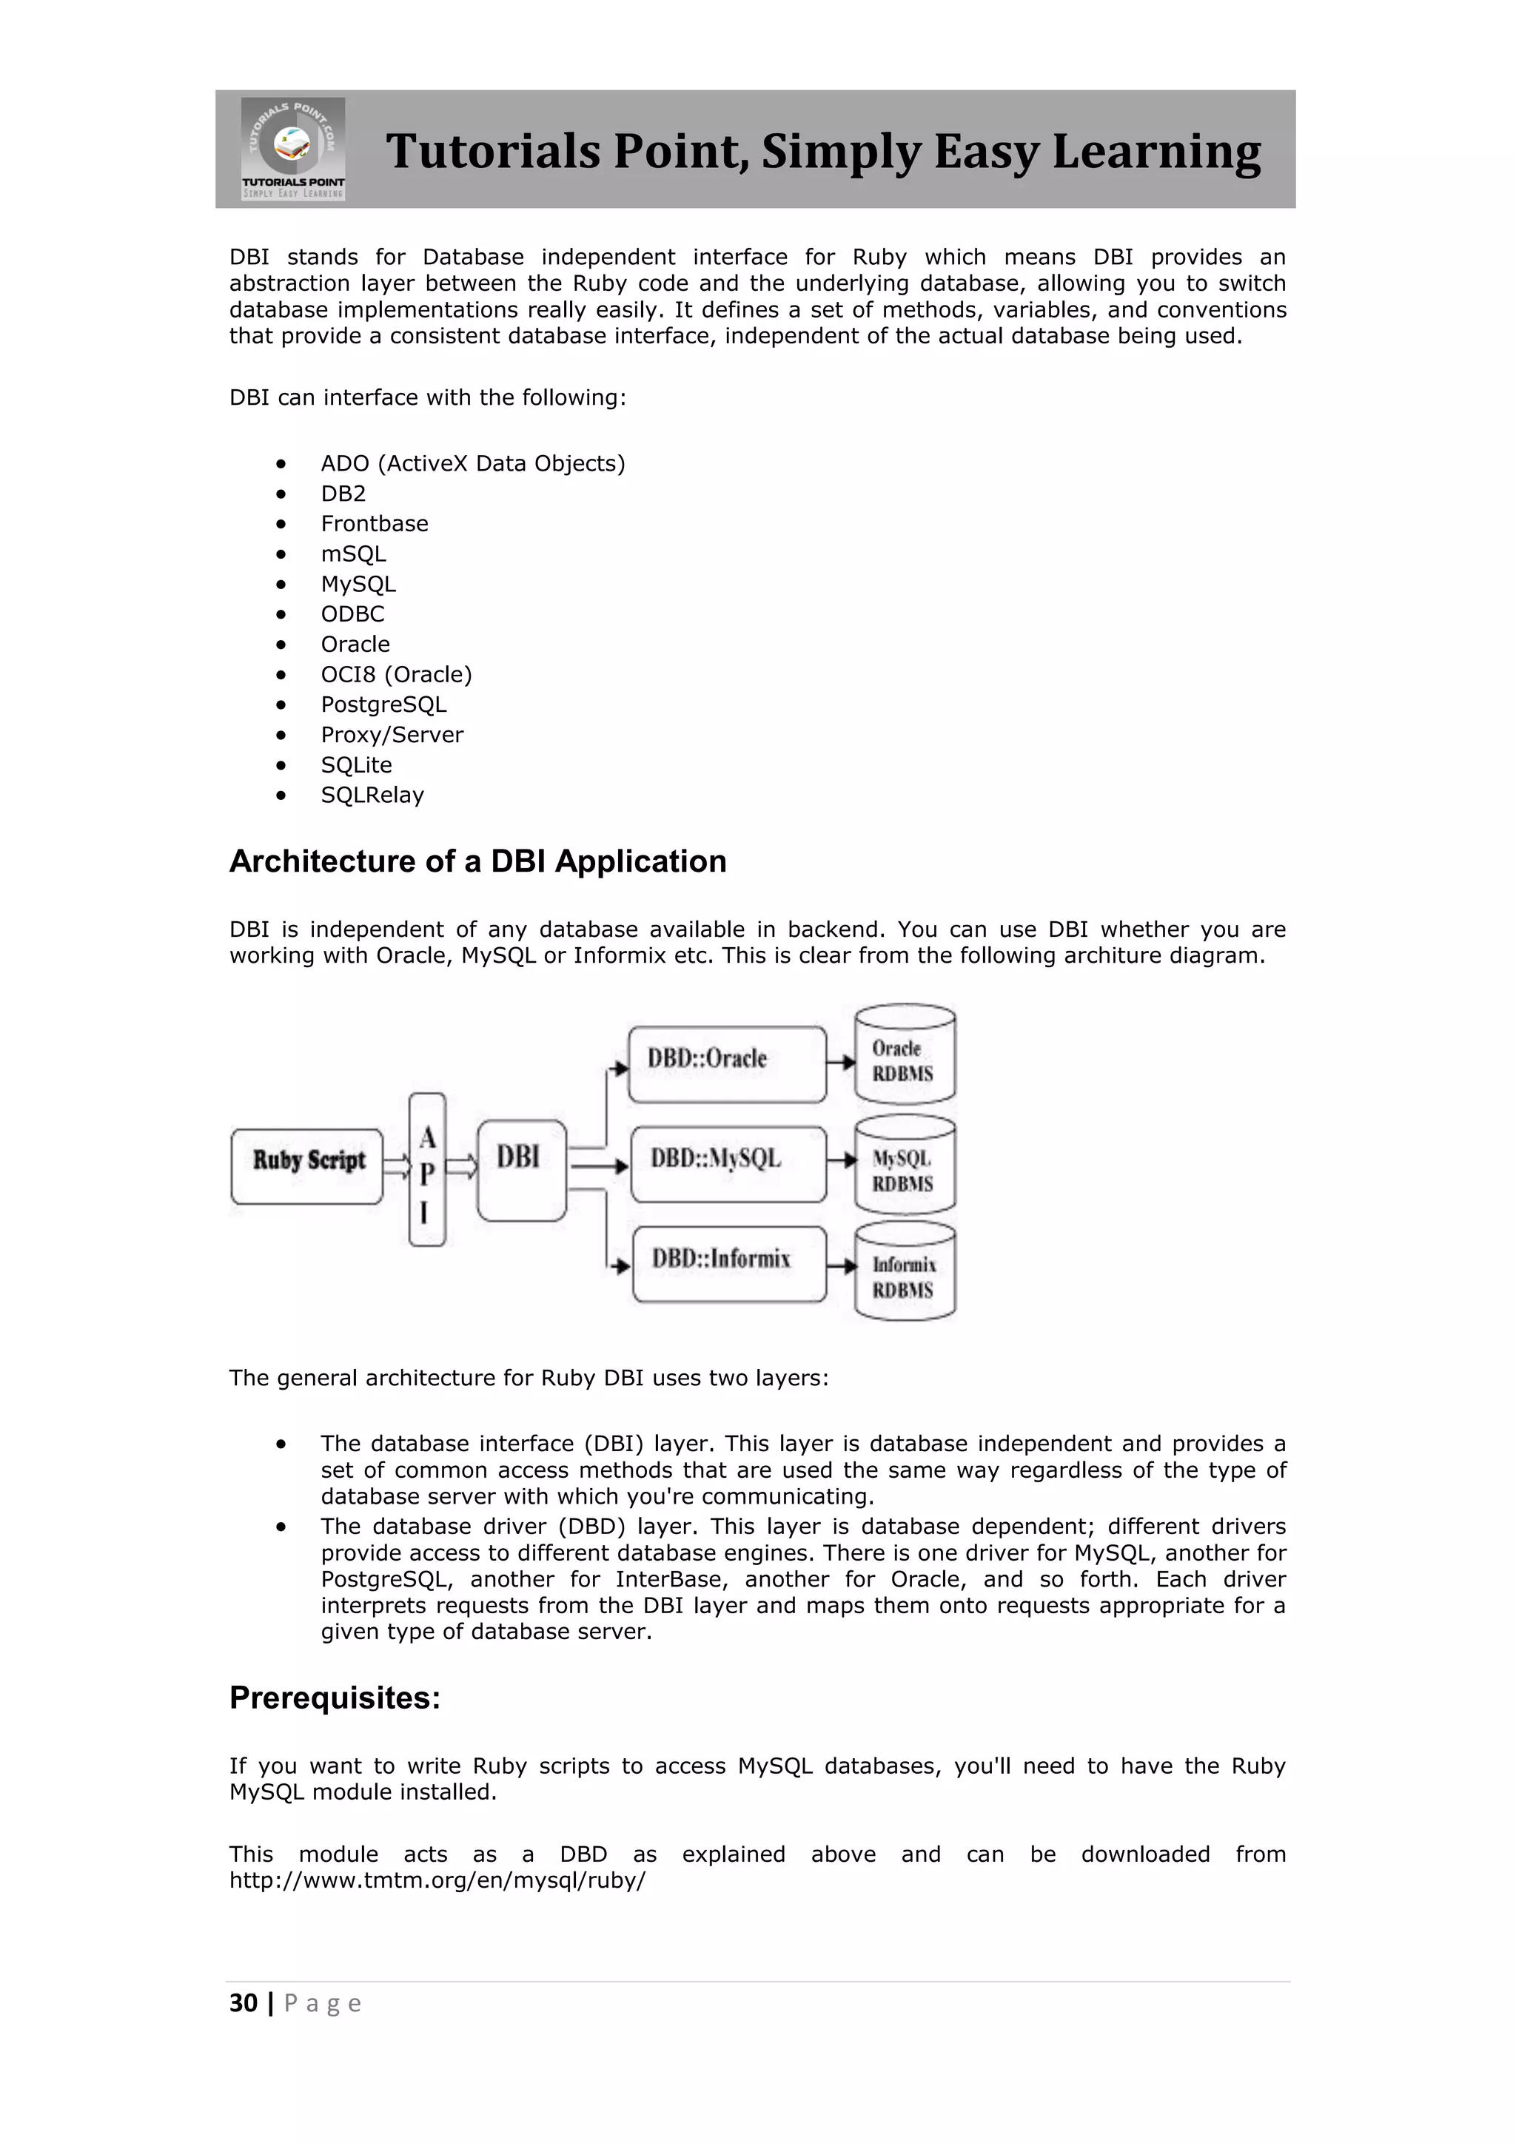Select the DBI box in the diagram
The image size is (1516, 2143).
(521, 1169)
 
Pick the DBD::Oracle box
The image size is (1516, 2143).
(726, 1064)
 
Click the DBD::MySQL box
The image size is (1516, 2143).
(728, 1163)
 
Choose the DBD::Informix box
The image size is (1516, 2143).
(729, 1264)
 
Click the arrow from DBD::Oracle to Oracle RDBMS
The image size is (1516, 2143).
(841, 1062)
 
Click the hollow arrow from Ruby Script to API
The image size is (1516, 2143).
(396, 1165)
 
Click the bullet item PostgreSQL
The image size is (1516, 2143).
(383, 704)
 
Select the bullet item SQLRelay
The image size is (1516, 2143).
(372, 795)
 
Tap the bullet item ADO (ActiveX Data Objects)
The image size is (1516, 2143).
(472, 464)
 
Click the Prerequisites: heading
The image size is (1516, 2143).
(334, 1698)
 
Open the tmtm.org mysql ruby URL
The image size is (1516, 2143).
(437, 1880)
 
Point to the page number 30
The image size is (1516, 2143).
(244, 2003)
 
